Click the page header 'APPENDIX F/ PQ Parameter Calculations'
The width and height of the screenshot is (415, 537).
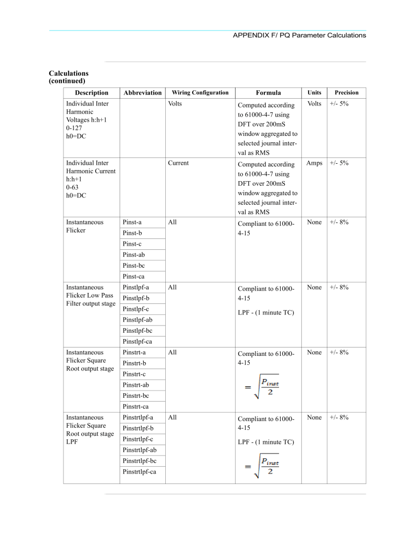coord(299,35)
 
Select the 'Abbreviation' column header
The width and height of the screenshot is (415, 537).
coord(142,93)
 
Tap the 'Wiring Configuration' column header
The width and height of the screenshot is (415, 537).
coord(200,93)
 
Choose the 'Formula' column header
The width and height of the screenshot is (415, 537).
coord(268,93)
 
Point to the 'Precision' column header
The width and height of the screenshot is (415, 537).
coord(346,93)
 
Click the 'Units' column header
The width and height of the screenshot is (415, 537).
coord(314,93)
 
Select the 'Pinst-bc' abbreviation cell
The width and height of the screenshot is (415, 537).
coord(134,266)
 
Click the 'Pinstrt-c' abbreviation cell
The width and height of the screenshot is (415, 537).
coord(134,374)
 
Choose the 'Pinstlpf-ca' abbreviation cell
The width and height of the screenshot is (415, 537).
coord(139,341)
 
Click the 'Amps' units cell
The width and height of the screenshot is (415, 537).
coord(314,163)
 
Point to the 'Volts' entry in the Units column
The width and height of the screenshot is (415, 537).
coord(314,104)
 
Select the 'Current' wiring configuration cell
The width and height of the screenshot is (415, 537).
coord(178,163)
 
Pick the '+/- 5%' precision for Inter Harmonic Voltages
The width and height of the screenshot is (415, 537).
coord(339,104)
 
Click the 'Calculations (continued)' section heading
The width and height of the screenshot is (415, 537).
coord(69,77)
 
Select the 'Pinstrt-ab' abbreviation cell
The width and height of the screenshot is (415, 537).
coord(135,385)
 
